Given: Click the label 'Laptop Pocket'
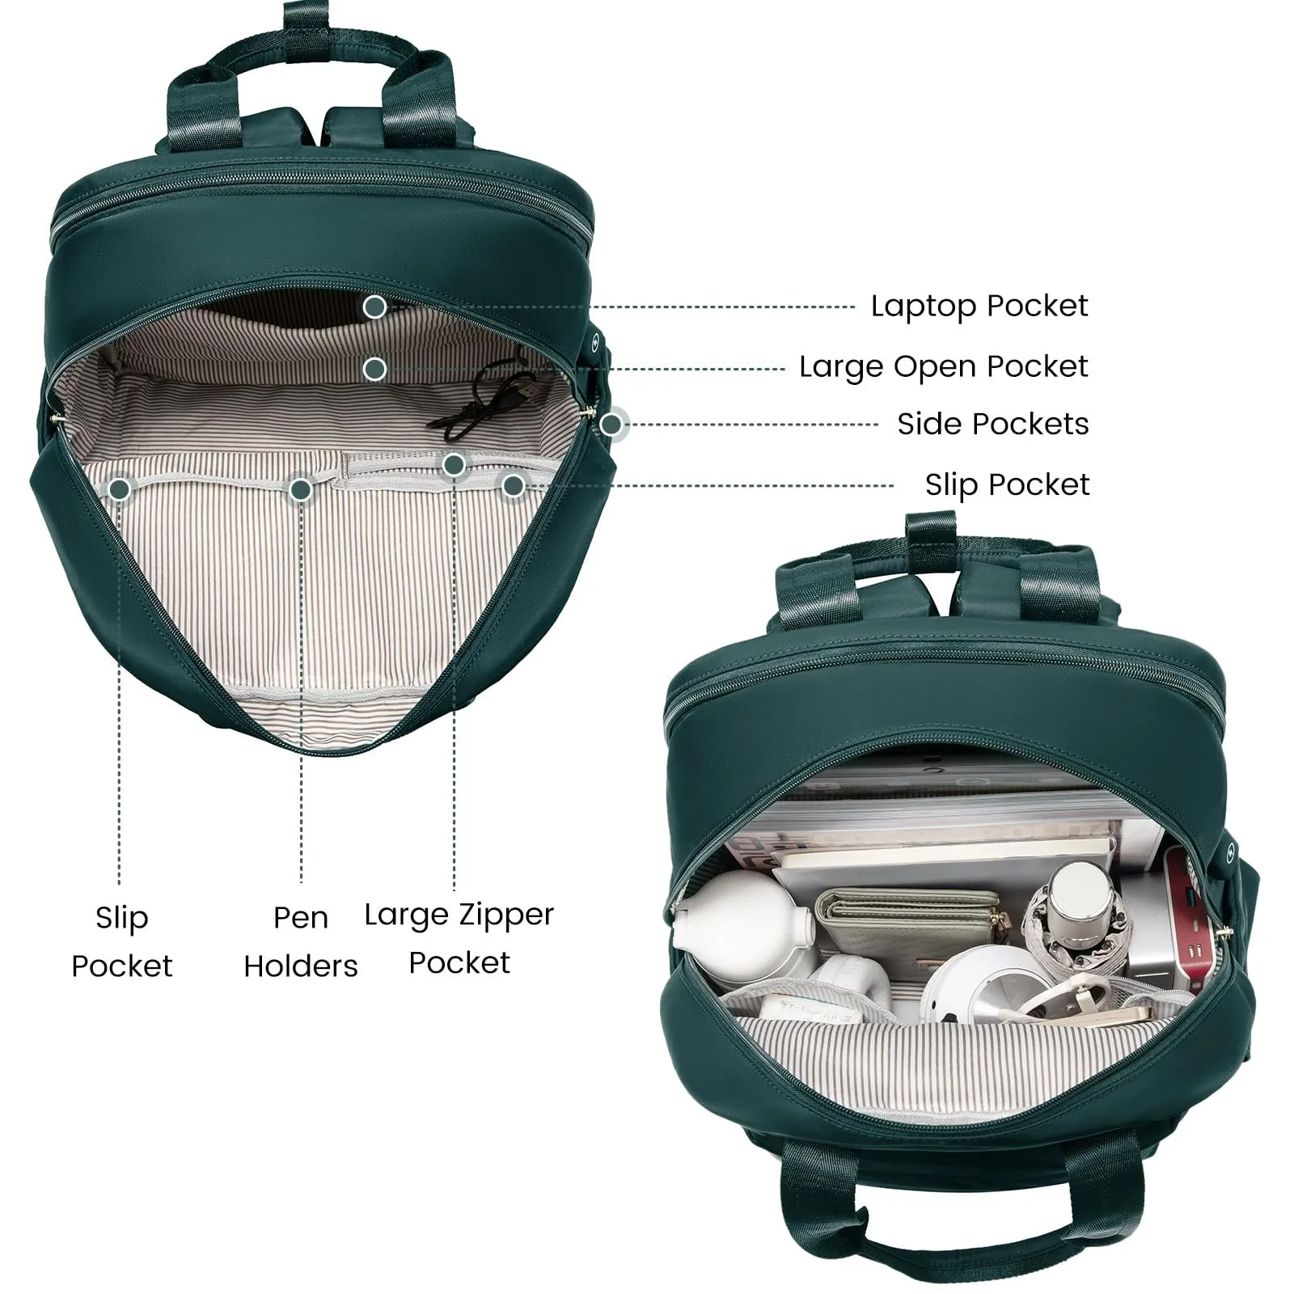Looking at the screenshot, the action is [x=979, y=307].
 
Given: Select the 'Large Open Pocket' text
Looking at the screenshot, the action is [x=944, y=367].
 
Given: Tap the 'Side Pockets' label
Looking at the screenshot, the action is [x=993, y=424].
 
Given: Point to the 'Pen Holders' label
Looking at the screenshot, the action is [x=301, y=941].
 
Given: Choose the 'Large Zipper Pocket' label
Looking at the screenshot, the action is [x=459, y=938].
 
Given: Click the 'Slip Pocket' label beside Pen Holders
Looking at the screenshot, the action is [x=122, y=941].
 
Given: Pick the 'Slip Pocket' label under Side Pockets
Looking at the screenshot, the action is [x=1008, y=485].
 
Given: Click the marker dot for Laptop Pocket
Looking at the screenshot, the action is [x=374, y=307].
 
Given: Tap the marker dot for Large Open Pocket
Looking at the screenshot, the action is [x=374, y=370].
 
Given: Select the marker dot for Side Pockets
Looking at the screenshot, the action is [x=612, y=424].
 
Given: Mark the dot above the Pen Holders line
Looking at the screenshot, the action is [x=301, y=488].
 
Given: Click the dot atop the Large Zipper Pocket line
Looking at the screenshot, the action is [x=454, y=464].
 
